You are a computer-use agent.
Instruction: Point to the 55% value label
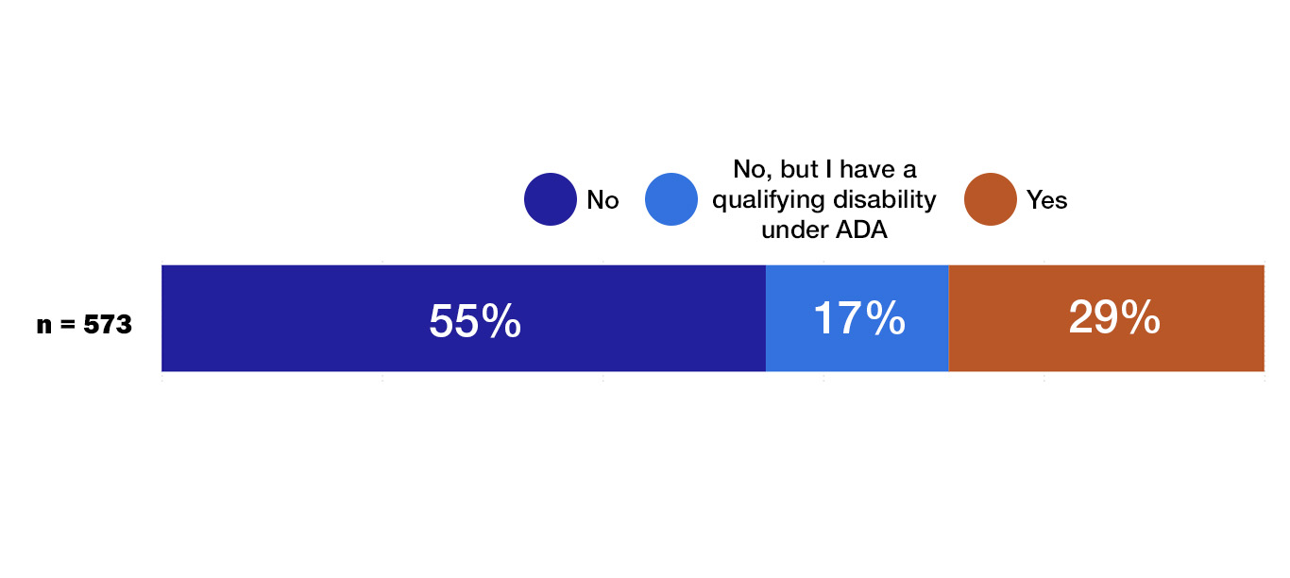474,321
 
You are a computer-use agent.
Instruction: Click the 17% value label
858,318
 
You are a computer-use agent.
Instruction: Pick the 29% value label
1114,318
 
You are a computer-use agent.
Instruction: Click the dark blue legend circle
551,200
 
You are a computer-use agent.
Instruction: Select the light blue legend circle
671,200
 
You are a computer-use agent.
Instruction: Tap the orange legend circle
990,200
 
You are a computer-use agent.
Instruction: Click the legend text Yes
1047,200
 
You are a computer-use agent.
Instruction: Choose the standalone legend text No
603,200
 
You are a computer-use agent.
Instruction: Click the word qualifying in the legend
764,200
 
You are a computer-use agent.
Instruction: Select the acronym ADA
861,229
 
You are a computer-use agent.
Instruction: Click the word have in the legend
867,170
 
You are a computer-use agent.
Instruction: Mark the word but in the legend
799,170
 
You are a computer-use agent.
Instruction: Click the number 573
108,326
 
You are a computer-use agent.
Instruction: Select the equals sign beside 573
68,326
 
